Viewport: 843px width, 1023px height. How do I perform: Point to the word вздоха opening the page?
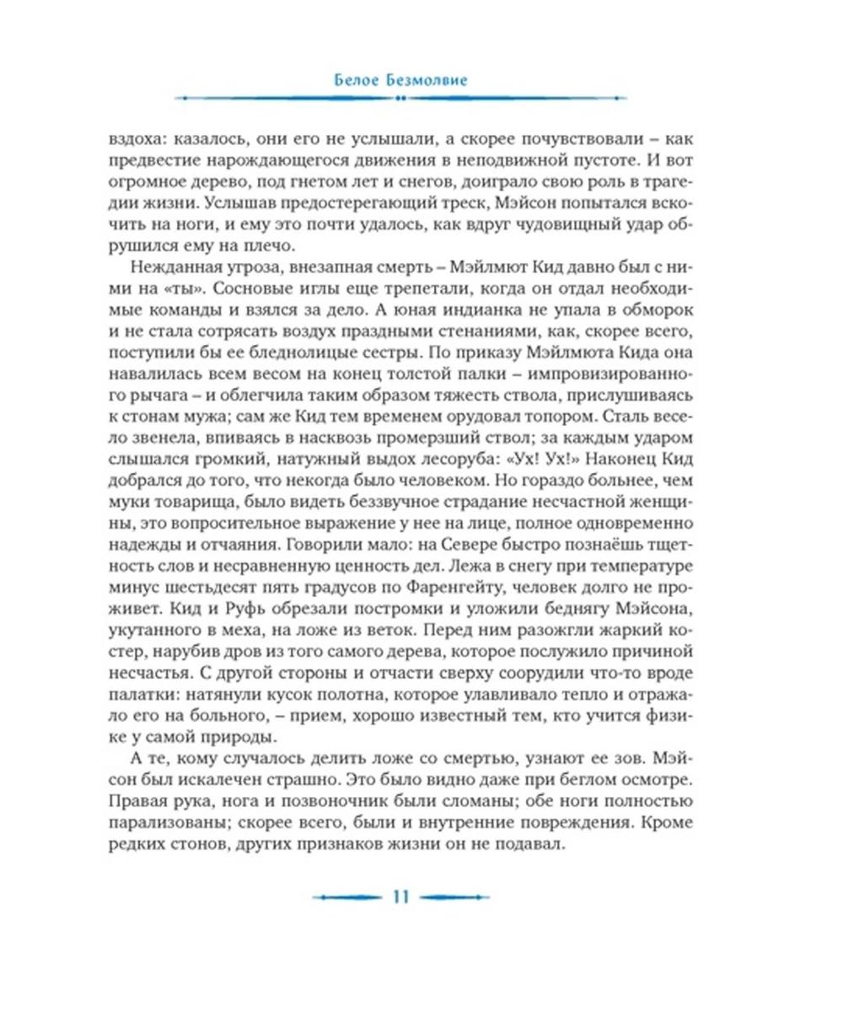pyautogui.click(x=136, y=135)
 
